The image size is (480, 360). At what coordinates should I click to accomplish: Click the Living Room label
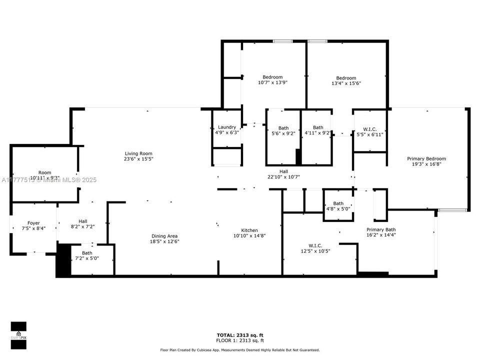pyautogui.click(x=138, y=153)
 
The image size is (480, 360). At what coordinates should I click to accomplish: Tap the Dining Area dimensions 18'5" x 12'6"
pyautogui.click(x=164, y=241)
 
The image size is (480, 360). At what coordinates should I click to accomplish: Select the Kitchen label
pyautogui.click(x=249, y=230)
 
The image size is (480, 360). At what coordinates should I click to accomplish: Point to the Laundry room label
pyautogui.click(x=227, y=127)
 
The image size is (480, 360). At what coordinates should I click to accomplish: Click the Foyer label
pyautogui.click(x=33, y=223)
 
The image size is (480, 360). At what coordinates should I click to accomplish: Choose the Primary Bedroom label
pyautogui.click(x=428, y=158)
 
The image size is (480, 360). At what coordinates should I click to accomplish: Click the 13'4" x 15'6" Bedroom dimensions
pyautogui.click(x=346, y=83)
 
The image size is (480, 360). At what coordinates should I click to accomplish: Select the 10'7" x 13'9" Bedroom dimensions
pyautogui.click(x=272, y=82)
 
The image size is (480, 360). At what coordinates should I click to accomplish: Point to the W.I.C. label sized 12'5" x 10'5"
pyautogui.click(x=315, y=245)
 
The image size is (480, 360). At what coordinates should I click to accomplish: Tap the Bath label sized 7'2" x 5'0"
pyautogui.click(x=87, y=253)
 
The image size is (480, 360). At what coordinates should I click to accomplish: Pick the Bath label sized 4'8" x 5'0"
pyautogui.click(x=338, y=203)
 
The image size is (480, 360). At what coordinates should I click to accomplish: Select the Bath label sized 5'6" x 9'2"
pyautogui.click(x=283, y=128)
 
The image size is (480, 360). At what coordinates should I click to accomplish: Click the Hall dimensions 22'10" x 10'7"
pyautogui.click(x=283, y=176)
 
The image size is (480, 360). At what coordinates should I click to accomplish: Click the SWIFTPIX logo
pyautogui.click(x=18, y=331)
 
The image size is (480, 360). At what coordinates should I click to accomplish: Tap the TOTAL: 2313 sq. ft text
pyautogui.click(x=239, y=335)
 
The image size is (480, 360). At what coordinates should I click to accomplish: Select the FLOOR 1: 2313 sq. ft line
pyautogui.click(x=239, y=340)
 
